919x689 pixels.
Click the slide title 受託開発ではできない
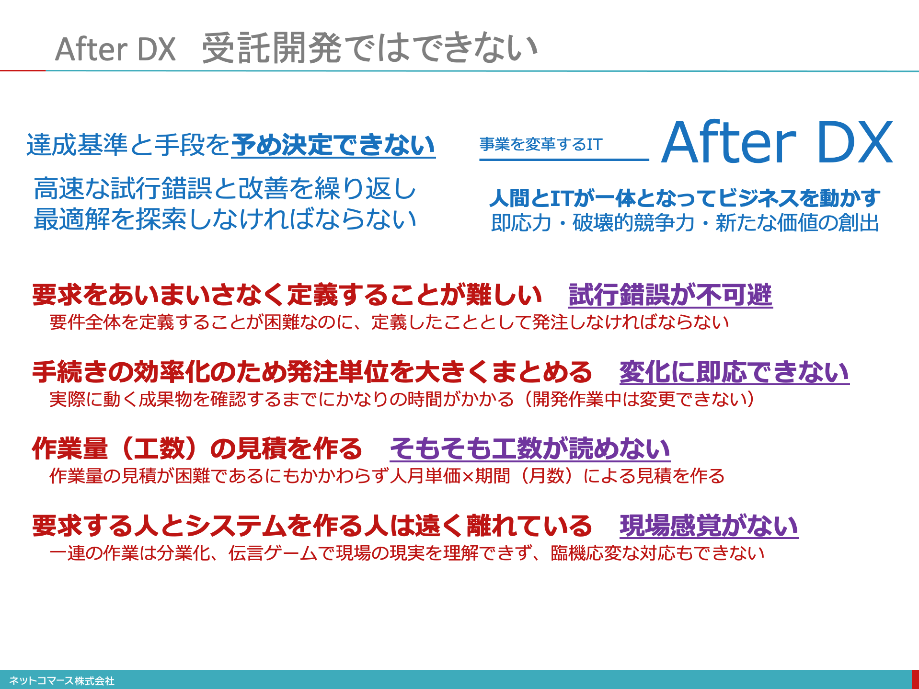click(x=369, y=48)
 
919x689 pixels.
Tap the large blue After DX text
click(x=777, y=142)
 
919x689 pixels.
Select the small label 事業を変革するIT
click(x=541, y=144)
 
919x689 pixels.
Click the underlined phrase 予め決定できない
click(x=333, y=145)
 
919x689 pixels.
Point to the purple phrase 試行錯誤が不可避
click(x=670, y=295)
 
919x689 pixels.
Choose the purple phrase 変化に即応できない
click(x=734, y=372)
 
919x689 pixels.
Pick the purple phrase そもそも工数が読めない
click(x=530, y=449)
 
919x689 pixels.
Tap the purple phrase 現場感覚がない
click(x=709, y=526)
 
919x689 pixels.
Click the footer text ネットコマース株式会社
click(x=62, y=680)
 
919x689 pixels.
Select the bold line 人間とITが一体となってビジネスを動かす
click(x=685, y=198)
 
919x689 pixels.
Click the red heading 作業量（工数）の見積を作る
click(x=197, y=449)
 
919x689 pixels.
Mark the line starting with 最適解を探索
click(x=225, y=219)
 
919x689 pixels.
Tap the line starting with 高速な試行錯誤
click(x=225, y=188)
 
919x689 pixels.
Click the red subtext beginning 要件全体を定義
click(x=389, y=322)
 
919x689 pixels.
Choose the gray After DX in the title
click(x=115, y=49)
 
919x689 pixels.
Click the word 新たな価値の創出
click(x=797, y=223)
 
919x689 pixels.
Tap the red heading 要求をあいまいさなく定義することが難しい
click(x=287, y=295)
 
